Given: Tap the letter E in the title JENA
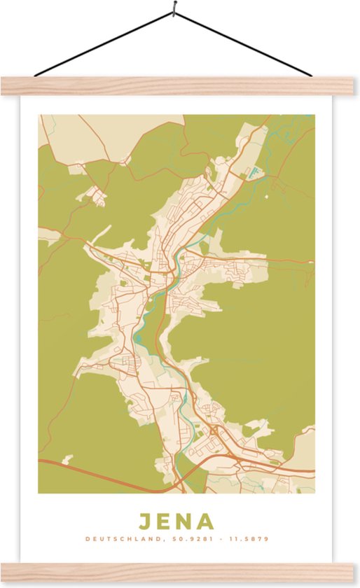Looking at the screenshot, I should tap(166, 521).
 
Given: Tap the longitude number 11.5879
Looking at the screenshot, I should tap(249, 539).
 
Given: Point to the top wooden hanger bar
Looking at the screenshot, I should tap(180, 86).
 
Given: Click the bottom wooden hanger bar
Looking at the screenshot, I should tap(180, 571).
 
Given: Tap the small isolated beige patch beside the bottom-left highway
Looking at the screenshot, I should tap(67, 459).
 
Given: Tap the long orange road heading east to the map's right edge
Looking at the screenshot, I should tap(287, 262).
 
